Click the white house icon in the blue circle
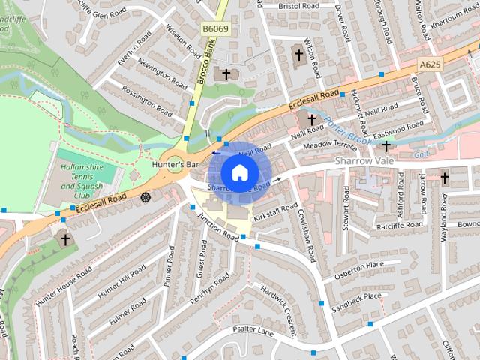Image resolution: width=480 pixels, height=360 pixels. [239, 172]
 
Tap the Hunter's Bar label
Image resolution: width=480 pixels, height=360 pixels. [175, 163]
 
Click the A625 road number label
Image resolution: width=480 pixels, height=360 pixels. [430, 64]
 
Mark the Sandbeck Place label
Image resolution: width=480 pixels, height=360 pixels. [356, 300]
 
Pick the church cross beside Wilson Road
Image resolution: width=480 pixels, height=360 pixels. [298, 55]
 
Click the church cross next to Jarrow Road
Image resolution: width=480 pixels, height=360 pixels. [444, 178]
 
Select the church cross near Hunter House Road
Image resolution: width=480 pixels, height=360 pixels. [64, 239]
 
